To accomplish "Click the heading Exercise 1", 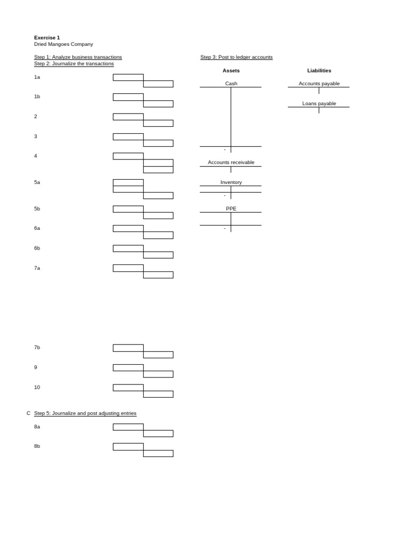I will click(x=47, y=38).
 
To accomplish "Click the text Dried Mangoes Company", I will click(x=63, y=44).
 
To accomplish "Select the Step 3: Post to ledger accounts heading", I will click(x=236, y=57).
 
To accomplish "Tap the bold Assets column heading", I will click(x=231, y=70).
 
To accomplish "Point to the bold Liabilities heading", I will click(x=319, y=70).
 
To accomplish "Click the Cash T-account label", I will click(x=231, y=84).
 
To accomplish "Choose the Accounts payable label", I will click(x=319, y=84).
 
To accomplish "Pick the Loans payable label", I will click(x=319, y=103).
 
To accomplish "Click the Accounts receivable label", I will click(x=231, y=162).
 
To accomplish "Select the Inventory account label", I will click(x=231, y=182).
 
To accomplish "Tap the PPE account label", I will click(x=231, y=208).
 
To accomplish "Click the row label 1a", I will click(x=37, y=77).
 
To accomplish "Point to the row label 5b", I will click(x=37, y=208).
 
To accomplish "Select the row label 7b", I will click(x=37, y=347).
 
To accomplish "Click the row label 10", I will click(x=37, y=387).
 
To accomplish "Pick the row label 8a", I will click(x=37, y=427).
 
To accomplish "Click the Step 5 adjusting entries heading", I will click(x=85, y=413).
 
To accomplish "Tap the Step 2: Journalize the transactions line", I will click(x=74, y=63).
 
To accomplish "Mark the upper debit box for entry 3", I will click(x=128, y=136).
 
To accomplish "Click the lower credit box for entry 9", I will click(x=158, y=374).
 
